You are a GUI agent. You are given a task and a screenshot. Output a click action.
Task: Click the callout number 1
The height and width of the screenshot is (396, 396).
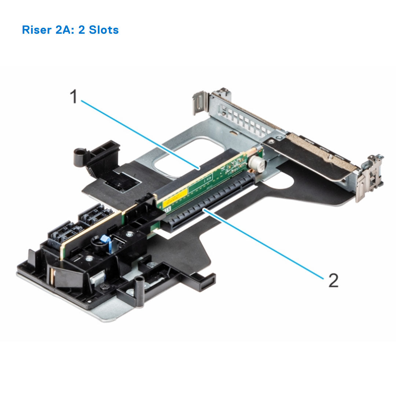point(74,97)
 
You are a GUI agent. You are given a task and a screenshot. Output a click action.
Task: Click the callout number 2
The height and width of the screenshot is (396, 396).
point(333,281)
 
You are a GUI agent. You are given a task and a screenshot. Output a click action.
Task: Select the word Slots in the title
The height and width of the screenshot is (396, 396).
point(104,30)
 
